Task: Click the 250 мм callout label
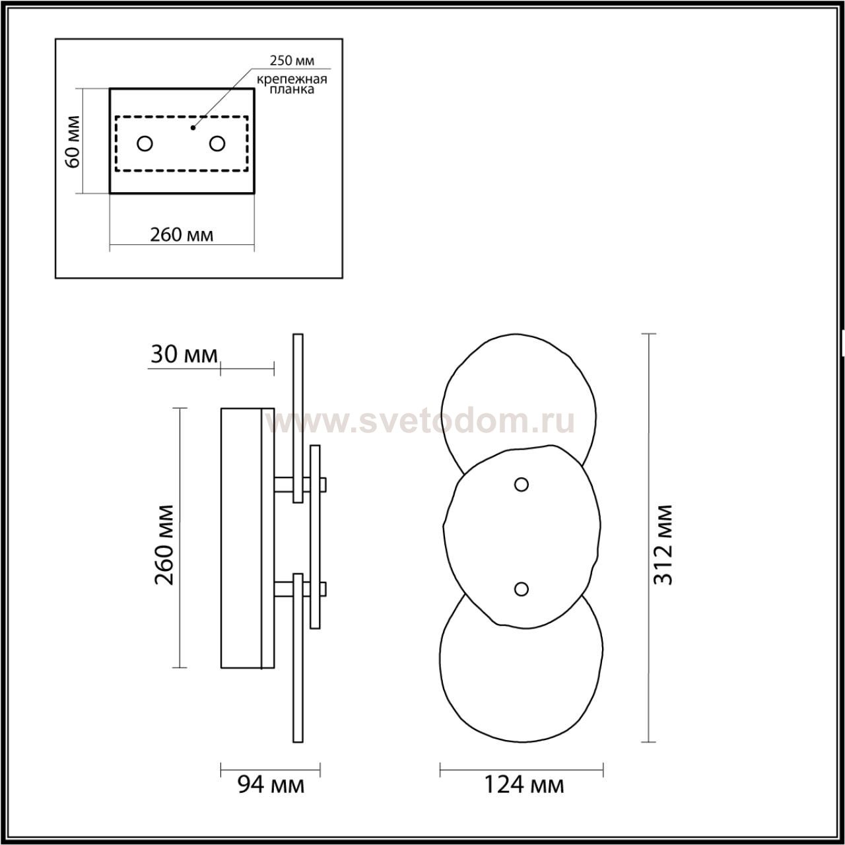point(292,61)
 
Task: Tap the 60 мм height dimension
point(73,141)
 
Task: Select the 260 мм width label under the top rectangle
point(182,235)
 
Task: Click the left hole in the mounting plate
point(145,143)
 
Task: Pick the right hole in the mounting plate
point(217,143)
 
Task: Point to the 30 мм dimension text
point(184,355)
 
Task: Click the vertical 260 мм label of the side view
point(164,545)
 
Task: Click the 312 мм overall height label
point(663,545)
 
